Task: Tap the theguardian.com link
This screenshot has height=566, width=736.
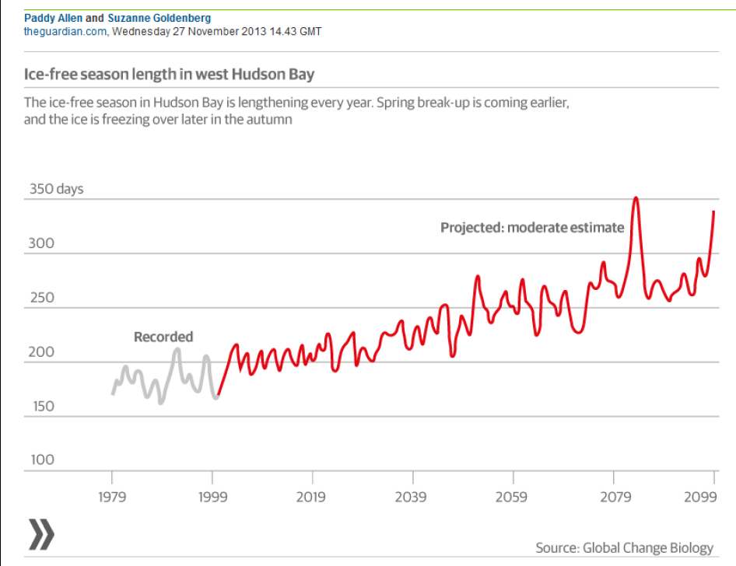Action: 63,31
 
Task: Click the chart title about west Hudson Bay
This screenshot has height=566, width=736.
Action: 170,75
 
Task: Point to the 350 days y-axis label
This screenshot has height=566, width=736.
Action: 56,189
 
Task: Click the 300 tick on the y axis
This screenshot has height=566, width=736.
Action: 42,243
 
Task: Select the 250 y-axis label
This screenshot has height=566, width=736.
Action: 42,298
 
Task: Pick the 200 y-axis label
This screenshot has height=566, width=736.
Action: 42,352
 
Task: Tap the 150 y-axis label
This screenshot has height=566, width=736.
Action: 42,406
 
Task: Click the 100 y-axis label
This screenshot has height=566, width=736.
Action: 42,459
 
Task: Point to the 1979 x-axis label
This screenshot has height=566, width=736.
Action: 112,498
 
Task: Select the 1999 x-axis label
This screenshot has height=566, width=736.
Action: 212,498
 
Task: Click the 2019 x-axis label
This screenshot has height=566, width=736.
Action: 312,498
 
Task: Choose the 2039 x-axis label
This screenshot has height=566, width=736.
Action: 412,498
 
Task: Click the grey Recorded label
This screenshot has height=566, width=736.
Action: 163,337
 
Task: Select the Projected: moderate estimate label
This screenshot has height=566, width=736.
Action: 532,228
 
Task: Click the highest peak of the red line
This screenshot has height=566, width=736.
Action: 636,198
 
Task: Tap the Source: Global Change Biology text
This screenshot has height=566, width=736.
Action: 624,548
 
